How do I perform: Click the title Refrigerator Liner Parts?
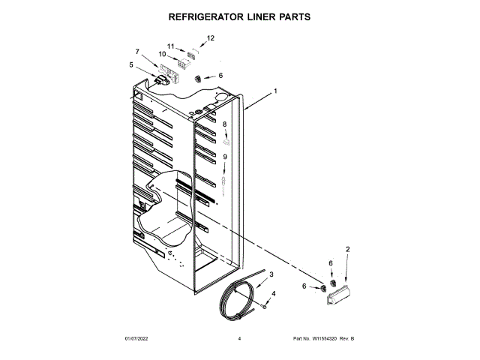tap(239, 16)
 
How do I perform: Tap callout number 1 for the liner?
tap(275, 91)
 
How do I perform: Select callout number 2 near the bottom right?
tap(347, 249)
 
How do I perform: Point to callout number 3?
tap(271, 275)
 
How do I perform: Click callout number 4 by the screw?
tap(273, 293)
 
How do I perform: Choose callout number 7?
tap(137, 51)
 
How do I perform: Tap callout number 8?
tap(223, 124)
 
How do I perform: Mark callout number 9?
tap(223, 156)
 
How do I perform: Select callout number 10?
tap(162, 54)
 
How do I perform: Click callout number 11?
tap(171, 45)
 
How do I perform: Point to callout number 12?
tap(210, 37)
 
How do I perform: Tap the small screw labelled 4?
tap(265, 305)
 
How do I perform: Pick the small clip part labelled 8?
tap(226, 138)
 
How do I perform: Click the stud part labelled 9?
tap(224, 182)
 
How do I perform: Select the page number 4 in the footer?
tap(239, 340)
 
